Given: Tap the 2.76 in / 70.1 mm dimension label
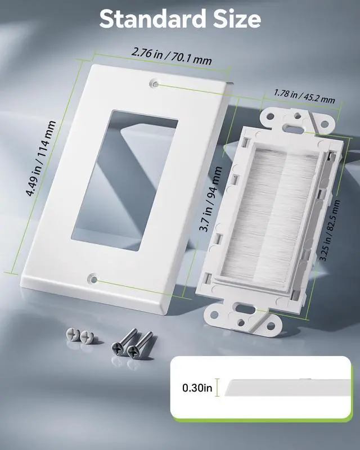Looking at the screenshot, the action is (x=172, y=56).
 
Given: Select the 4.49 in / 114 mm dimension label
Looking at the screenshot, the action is (x=41, y=159).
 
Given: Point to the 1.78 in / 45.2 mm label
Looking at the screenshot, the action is (x=304, y=96).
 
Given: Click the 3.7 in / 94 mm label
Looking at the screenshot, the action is (x=211, y=199).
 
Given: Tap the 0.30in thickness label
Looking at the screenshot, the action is (x=197, y=388).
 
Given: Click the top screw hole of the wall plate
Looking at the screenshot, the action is (x=155, y=84).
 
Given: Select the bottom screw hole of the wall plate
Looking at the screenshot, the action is (x=92, y=278).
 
